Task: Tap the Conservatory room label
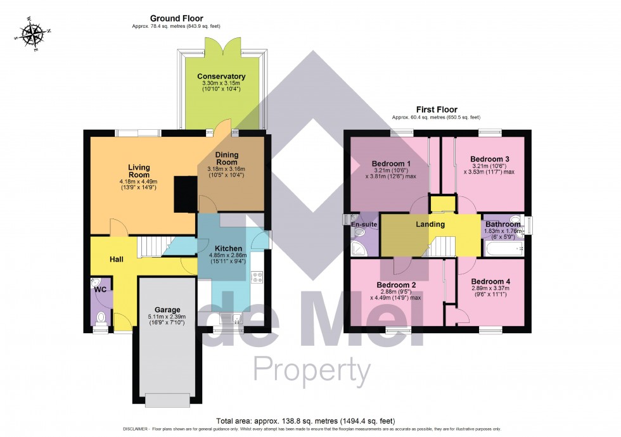point(221,77)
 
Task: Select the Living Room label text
point(138,171)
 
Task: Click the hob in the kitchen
point(258,276)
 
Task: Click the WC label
point(100,289)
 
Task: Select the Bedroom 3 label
point(490,158)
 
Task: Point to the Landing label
point(430,224)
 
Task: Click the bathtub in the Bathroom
point(504,249)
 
